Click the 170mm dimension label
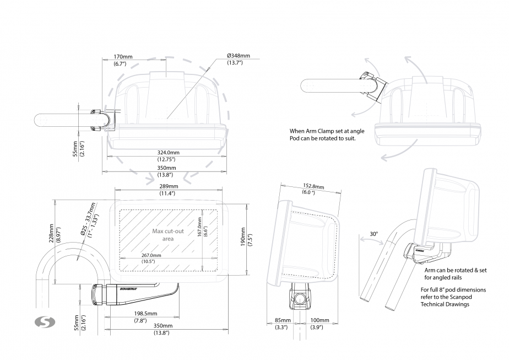point(123,60)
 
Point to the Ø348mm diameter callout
point(239,59)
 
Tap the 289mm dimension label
point(169,190)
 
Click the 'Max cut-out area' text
point(168,235)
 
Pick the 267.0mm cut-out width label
point(151,259)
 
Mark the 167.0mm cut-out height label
point(202,227)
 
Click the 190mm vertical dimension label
point(246,237)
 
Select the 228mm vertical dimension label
point(55,233)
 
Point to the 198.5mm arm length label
point(145,317)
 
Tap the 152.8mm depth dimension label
point(313,189)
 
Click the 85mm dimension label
point(283,324)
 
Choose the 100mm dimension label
point(319,324)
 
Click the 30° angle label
point(373,234)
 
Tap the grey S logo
point(45,322)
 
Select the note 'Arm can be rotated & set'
point(456,270)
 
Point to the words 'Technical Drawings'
point(445,304)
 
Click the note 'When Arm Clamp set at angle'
point(327,131)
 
